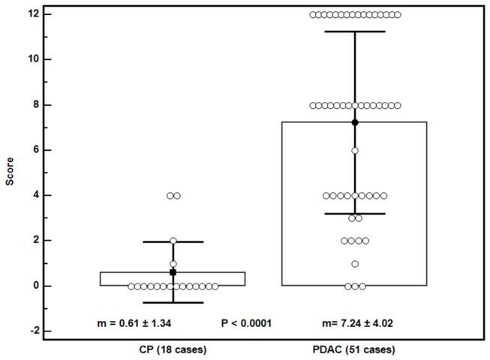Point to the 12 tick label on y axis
pyautogui.click(x=27, y=14)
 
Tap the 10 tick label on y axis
pyautogui.click(x=27, y=59)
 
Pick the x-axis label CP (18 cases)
pyautogui.click(x=173, y=349)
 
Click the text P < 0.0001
pyautogui.click(x=246, y=323)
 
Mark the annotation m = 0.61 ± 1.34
pyautogui.click(x=146, y=323)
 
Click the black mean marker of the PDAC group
pyautogui.click(x=355, y=122)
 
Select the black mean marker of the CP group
pyautogui.click(x=173, y=272)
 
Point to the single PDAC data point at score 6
pyautogui.click(x=355, y=151)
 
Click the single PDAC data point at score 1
pyautogui.click(x=355, y=264)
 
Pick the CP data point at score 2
pyautogui.click(x=173, y=241)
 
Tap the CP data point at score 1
pyautogui.click(x=173, y=264)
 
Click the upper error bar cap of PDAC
pyautogui.click(x=355, y=31)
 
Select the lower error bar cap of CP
pyautogui.click(x=173, y=302)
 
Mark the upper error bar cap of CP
pyautogui.click(x=173, y=241)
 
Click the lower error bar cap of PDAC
pyautogui.click(x=355, y=214)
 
